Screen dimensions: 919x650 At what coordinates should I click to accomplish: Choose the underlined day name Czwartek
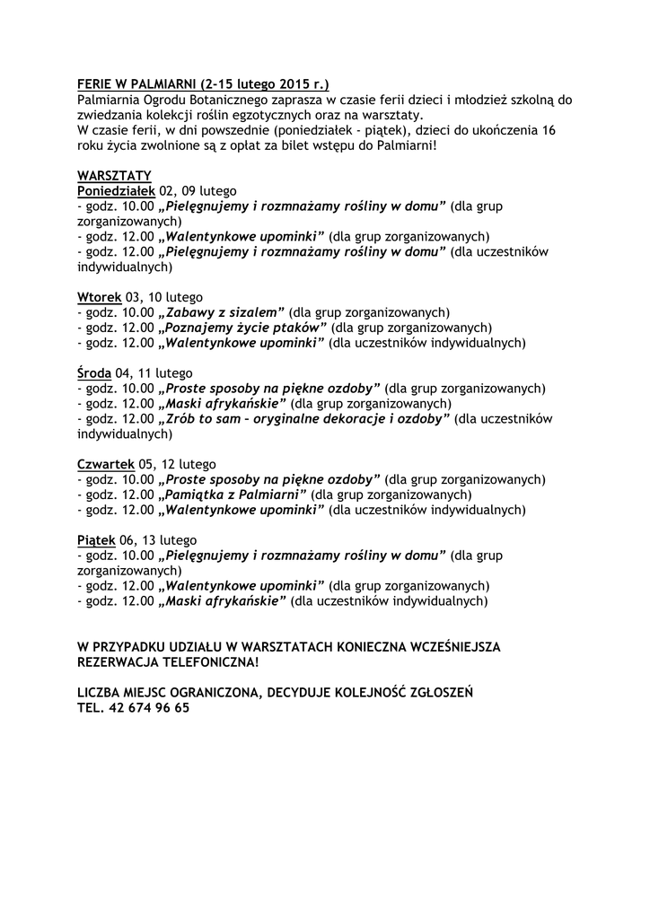[106, 464]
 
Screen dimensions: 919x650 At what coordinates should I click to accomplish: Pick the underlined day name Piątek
[97, 540]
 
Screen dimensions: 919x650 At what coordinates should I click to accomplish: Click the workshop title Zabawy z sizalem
[222, 312]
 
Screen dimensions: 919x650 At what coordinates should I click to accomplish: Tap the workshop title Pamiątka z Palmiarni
[233, 495]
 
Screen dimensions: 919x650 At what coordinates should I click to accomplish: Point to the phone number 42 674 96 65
[148, 707]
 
